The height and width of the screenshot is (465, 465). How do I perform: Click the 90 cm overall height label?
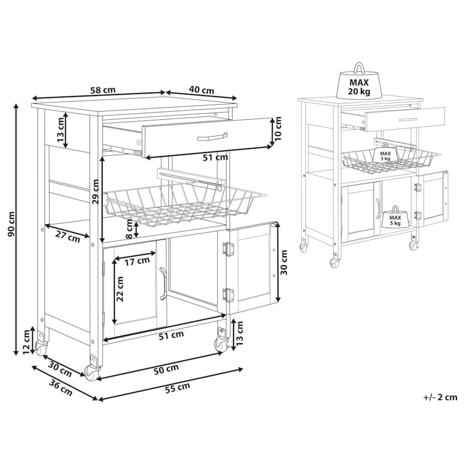pyautogui.click(x=11, y=224)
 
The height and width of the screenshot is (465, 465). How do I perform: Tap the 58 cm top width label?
pyautogui.click(x=103, y=90)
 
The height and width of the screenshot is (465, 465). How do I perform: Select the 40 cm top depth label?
pyautogui.click(x=201, y=89)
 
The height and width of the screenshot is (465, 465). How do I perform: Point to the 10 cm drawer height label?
pyautogui.click(x=277, y=128)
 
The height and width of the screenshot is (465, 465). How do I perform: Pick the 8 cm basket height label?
pyautogui.click(x=129, y=229)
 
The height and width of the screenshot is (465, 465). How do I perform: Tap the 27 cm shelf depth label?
pyautogui.click(x=68, y=237)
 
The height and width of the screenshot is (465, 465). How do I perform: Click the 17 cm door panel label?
pyautogui.click(x=137, y=261)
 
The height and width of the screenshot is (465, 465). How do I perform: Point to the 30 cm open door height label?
pyautogui.click(x=284, y=262)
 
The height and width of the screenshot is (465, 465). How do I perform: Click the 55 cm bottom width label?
pyautogui.click(x=177, y=388)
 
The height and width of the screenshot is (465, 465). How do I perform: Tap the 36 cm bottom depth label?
pyautogui.click(x=61, y=388)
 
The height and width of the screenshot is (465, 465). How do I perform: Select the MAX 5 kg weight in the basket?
pyautogui.click(x=385, y=154)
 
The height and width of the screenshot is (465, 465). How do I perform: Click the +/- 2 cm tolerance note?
pyautogui.click(x=440, y=397)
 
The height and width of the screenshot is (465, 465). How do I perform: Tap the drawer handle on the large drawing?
pyautogui.click(x=212, y=136)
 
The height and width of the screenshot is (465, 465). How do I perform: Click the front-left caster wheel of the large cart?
pyautogui.click(x=92, y=373)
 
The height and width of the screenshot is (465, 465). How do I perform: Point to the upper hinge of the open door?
pyautogui.click(x=228, y=249)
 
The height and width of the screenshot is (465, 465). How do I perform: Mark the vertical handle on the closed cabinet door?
pyautogui.click(x=163, y=284)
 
